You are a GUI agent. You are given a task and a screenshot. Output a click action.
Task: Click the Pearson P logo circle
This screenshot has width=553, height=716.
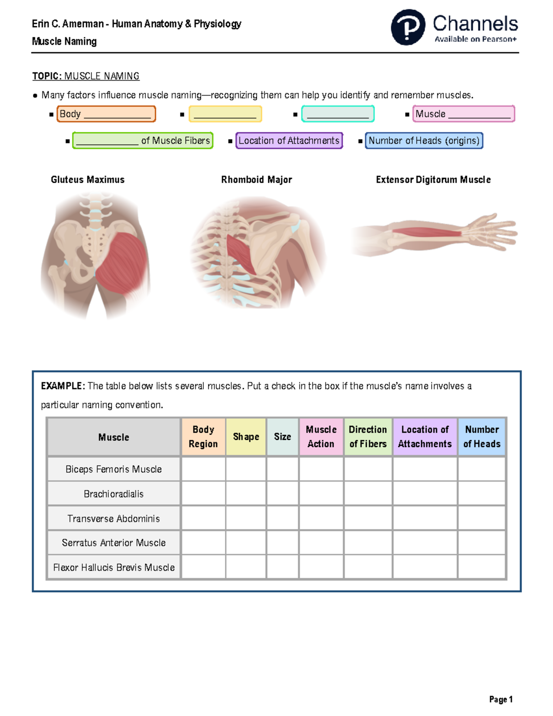[408, 27]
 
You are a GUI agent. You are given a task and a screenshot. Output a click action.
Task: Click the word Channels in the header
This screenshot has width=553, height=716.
[475, 24]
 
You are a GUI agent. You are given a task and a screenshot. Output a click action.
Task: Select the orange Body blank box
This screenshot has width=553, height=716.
[106, 114]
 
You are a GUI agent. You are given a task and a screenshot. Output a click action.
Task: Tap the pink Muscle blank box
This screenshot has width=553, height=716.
[463, 114]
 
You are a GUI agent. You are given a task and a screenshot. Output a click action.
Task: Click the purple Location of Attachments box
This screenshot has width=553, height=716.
[289, 141]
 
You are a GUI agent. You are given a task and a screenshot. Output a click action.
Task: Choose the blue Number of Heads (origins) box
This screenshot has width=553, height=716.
[424, 141]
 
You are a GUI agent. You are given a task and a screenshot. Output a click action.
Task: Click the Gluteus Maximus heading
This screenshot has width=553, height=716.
[88, 180]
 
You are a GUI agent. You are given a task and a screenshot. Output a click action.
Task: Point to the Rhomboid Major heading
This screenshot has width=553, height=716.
[256, 180]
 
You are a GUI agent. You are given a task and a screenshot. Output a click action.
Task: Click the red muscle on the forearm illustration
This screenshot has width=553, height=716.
[426, 231]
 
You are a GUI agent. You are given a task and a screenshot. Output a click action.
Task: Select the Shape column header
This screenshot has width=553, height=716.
[246, 437]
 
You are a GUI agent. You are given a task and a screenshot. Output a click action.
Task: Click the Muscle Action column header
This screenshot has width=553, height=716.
[321, 437]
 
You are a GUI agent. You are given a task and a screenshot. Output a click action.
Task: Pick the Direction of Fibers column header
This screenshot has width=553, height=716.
[368, 437]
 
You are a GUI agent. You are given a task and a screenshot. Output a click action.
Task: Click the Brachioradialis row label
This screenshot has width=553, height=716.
[113, 494]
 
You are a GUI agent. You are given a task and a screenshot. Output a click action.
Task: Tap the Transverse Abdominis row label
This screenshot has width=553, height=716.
[113, 519]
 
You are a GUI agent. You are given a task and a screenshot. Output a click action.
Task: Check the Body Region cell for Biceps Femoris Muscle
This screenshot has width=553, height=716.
[203, 469]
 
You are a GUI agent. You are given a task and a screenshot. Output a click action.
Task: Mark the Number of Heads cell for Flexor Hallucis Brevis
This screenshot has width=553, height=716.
[482, 567]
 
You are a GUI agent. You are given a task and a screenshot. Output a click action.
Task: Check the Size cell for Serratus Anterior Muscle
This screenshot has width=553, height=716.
[282, 543]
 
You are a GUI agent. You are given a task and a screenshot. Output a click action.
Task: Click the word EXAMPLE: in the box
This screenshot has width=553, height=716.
[62, 386]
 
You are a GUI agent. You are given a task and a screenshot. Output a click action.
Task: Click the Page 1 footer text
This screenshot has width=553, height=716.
[501, 699]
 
